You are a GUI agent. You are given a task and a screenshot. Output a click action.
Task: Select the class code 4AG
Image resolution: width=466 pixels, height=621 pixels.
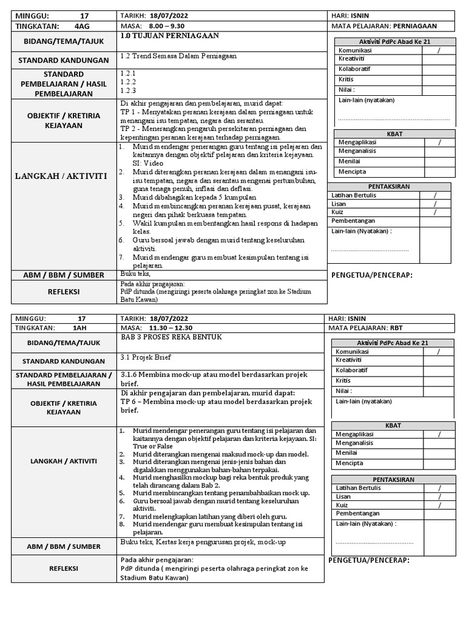81,26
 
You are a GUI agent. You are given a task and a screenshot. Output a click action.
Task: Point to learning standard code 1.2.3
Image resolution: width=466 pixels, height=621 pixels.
128,90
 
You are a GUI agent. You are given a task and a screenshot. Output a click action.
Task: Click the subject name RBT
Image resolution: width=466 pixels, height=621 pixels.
397,327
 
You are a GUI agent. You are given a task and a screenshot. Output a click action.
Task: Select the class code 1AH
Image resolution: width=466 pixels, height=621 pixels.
79,327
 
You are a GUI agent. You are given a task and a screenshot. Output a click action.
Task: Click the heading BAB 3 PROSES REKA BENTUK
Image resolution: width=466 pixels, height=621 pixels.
172,337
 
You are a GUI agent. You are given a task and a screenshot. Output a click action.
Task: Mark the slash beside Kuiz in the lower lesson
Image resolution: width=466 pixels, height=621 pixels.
440,505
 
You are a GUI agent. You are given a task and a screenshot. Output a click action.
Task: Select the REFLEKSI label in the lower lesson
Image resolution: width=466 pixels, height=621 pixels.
64,569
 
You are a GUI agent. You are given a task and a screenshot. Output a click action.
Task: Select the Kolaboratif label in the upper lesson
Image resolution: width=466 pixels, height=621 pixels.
355,69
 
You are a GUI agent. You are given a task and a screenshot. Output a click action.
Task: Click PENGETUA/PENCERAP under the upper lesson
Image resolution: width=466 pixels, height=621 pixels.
372,276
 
